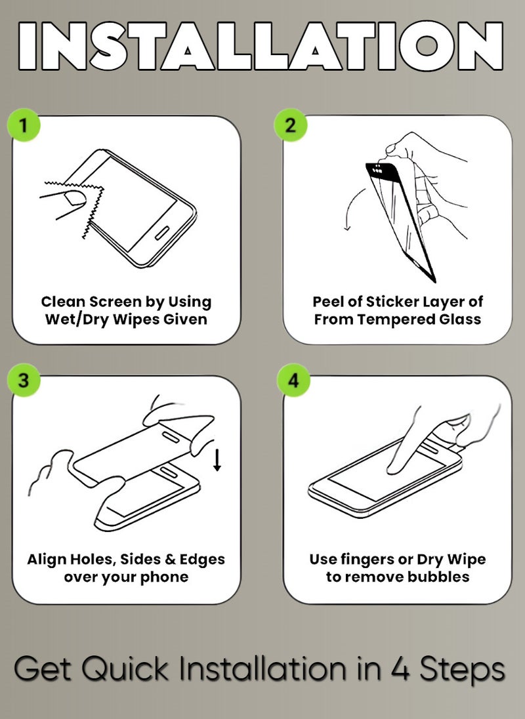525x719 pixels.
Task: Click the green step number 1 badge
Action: click(x=24, y=125)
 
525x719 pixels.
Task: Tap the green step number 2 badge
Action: click(x=291, y=125)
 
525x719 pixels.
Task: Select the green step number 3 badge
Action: click(x=24, y=381)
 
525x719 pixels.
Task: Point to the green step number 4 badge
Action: click(x=293, y=381)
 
